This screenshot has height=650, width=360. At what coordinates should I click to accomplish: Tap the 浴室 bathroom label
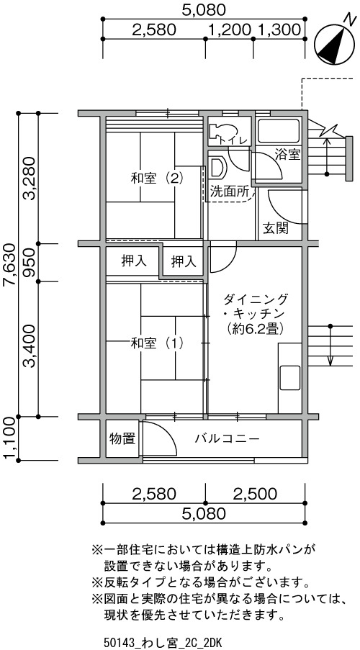coord(287,155)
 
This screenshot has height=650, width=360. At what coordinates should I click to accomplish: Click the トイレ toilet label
coord(233,140)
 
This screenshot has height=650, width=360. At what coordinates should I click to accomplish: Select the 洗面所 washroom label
coord(230,191)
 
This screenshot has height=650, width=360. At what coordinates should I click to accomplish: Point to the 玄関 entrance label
coord(276,228)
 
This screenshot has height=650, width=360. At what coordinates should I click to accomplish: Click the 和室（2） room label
coord(157,179)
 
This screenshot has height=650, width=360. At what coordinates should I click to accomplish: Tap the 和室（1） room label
coord(157,343)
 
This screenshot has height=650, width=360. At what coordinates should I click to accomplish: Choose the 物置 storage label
coord(122,438)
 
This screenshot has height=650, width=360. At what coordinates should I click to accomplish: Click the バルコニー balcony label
coord(228,438)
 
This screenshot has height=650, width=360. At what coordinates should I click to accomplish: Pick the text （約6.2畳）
coord(256,328)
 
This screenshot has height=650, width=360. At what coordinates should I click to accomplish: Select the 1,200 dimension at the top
coord(230,30)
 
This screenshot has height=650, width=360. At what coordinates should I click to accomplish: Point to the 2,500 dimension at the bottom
coord(255,493)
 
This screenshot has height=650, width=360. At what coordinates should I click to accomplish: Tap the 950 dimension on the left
coord(30,263)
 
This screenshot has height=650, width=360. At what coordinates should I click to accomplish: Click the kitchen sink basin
coord(290,377)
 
